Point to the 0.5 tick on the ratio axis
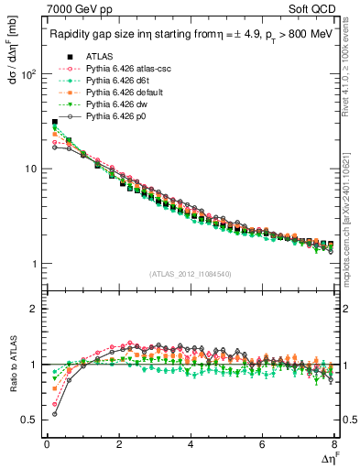28,420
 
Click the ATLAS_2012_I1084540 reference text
190,273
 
